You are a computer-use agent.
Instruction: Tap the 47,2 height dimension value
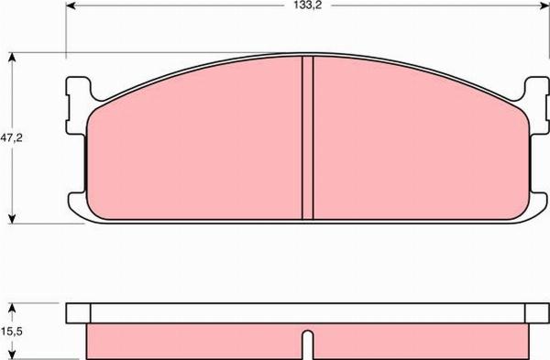click(12, 138)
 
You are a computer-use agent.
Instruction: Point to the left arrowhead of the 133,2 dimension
click(70, 5)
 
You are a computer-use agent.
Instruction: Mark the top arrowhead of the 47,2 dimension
click(12, 57)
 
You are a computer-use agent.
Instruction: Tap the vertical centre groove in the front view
click(308, 137)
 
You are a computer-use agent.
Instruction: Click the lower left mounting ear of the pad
click(78, 203)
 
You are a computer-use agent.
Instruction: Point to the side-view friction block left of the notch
click(197, 340)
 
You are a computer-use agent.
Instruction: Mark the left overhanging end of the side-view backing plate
click(77, 313)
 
